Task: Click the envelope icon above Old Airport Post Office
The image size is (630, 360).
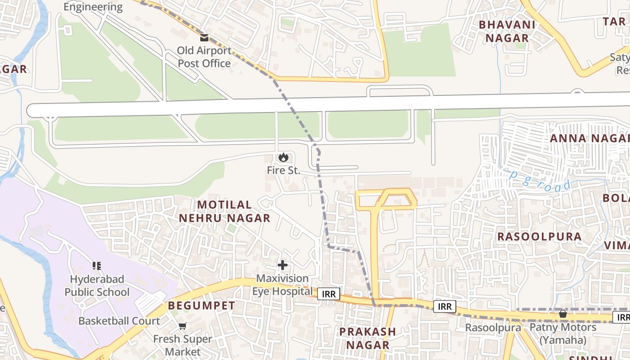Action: [204, 38]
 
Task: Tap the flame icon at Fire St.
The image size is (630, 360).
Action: [283, 157]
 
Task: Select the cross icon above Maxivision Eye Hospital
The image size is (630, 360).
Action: [283, 265]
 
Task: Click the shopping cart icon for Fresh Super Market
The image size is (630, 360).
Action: [182, 326]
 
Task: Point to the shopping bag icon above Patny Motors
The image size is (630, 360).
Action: [562, 314]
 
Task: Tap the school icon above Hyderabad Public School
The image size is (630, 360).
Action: [96, 266]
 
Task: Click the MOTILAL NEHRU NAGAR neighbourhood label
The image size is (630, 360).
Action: [225, 211]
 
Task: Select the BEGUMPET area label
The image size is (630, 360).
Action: [202, 306]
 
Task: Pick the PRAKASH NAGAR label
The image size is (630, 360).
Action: [367, 338]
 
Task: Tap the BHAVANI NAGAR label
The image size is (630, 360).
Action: [507, 31]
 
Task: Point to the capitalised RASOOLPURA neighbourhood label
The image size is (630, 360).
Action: [539, 236]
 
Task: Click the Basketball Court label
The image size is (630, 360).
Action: [119, 321]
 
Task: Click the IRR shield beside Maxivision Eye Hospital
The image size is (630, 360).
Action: [328, 293]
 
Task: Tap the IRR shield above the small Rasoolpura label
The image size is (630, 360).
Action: [445, 306]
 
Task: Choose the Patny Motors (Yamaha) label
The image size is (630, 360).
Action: [563, 333]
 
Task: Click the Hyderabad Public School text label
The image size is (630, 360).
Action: [97, 286]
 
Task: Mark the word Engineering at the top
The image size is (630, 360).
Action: [93, 7]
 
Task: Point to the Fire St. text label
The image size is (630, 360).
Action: [283, 171]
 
